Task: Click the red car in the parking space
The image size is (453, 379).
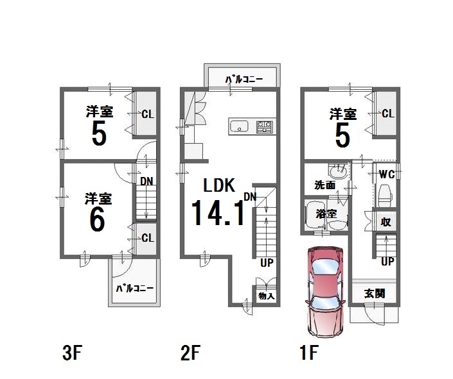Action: tap(326, 292)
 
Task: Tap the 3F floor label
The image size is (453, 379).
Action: tap(73, 353)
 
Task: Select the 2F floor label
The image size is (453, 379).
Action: tap(190, 353)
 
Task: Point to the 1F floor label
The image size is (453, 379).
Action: tap(310, 353)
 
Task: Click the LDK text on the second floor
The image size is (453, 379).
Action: tap(219, 185)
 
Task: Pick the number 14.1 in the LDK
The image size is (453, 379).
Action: tap(218, 213)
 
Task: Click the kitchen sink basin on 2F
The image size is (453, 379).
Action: tap(238, 126)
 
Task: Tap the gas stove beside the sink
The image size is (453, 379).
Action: tap(264, 126)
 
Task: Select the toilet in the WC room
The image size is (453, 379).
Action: tap(385, 196)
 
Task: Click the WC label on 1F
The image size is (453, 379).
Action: tap(387, 174)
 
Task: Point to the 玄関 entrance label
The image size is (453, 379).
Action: tap(375, 294)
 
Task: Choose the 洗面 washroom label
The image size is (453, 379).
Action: tap(324, 185)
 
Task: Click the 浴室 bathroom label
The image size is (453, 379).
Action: tap(326, 214)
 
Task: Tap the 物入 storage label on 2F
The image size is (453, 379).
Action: tap(267, 296)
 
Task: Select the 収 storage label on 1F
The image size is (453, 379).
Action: tap(386, 222)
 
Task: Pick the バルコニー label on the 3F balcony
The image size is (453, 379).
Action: tap(135, 288)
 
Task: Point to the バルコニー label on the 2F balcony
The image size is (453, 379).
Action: tap(244, 79)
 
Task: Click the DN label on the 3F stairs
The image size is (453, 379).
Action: tap(147, 181)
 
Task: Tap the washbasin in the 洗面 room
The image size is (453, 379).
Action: tap(339, 173)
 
